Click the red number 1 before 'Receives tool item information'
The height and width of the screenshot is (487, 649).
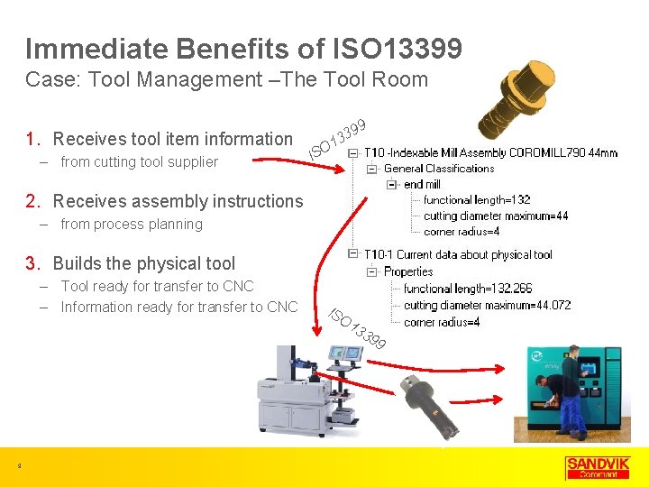pos(32,139)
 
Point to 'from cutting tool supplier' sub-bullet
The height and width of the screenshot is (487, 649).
pos(139,162)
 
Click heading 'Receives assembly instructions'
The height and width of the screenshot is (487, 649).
pos(178,201)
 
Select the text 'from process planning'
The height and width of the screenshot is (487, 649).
pos(132,225)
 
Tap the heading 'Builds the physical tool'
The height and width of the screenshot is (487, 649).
pos(143,263)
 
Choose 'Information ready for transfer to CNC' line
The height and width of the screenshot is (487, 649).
pos(178,308)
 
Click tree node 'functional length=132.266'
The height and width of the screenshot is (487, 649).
pos(468,289)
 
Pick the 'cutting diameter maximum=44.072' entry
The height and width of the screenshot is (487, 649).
pos(487,305)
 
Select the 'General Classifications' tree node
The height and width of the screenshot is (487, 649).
pos(439,169)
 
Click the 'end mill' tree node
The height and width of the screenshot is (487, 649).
pos(422,184)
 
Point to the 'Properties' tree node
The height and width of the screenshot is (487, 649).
pos(408,271)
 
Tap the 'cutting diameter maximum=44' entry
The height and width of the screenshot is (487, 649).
pos(496,216)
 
